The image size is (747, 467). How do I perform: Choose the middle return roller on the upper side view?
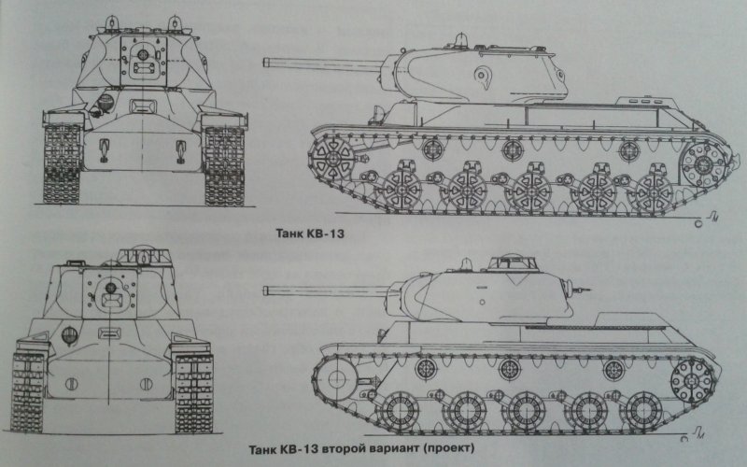[x=512, y=148]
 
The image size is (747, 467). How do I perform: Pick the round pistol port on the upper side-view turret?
[x=481, y=72]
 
